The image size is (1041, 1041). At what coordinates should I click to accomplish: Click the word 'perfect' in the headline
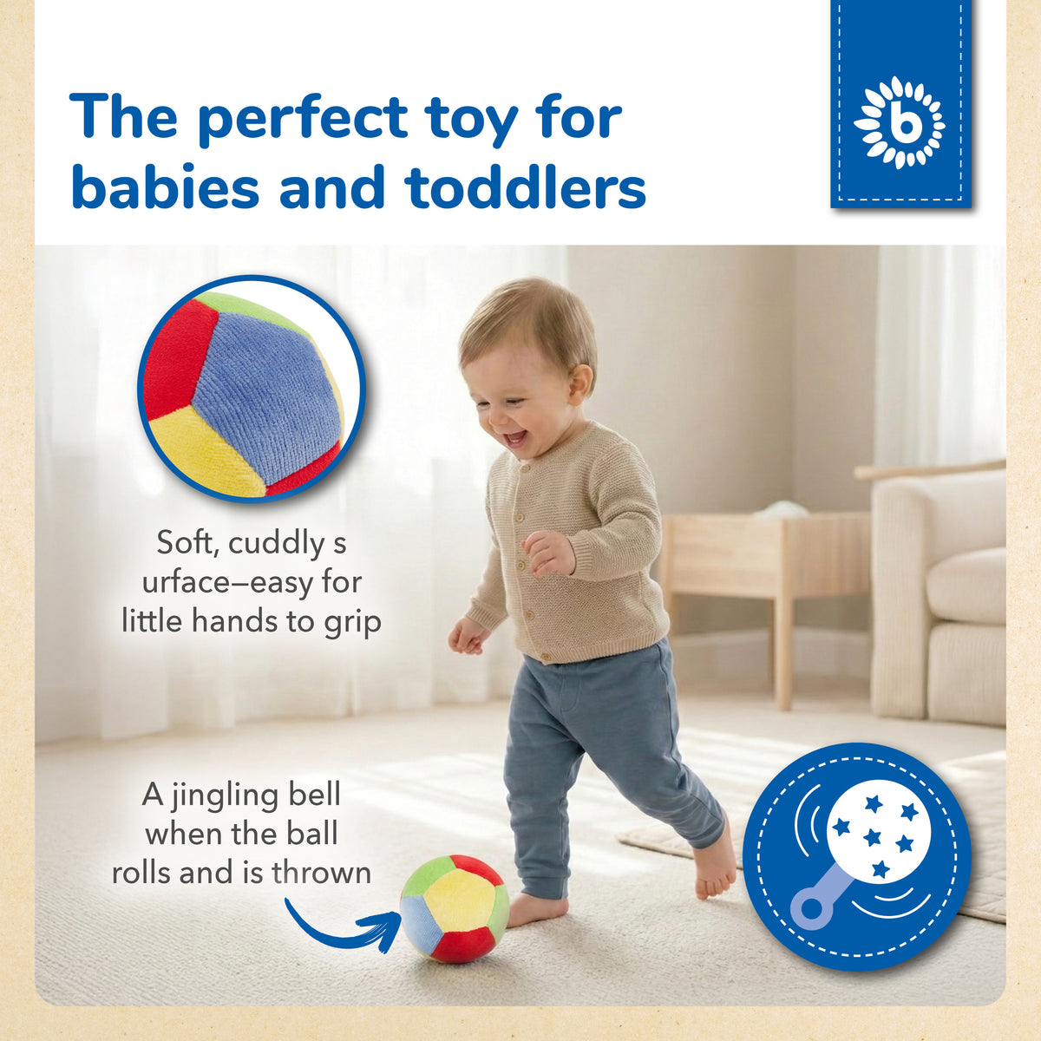303,120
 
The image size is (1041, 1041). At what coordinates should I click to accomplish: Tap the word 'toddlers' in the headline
525,188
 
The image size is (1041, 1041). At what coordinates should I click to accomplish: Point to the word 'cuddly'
276,544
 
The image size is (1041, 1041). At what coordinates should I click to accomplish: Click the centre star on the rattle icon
872,838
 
